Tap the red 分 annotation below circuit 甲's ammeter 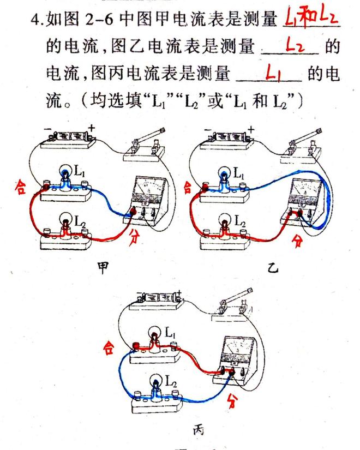[x=135, y=238]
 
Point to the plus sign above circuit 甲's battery [x=91, y=128]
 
